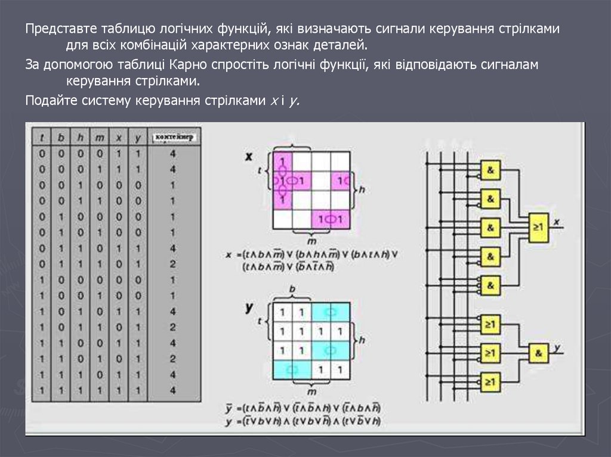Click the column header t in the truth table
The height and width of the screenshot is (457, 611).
(x=42, y=138)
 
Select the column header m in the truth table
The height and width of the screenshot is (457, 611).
(x=100, y=138)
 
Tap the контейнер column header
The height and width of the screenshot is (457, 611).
(x=173, y=138)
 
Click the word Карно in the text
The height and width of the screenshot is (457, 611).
(x=194, y=65)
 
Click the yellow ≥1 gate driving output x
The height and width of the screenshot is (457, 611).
(x=538, y=227)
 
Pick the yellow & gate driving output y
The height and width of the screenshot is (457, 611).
(x=539, y=353)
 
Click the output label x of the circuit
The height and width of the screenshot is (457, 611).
(x=557, y=222)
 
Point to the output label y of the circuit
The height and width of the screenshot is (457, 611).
(x=557, y=347)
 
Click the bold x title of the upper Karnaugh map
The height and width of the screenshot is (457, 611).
(x=249, y=157)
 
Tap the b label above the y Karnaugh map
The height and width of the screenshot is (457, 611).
(x=292, y=289)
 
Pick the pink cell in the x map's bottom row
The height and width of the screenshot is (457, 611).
(x=330, y=219)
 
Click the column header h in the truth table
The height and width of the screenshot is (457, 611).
(x=81, y=138)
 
